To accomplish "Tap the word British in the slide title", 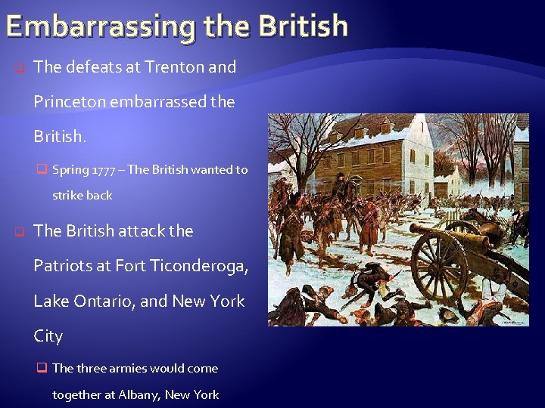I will point(302,26).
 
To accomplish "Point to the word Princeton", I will point(70,102).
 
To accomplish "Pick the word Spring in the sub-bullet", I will point(70,170).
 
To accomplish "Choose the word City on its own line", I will point(48,336).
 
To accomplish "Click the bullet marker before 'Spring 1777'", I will point(42,170).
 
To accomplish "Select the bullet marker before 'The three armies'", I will point(42,369).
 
